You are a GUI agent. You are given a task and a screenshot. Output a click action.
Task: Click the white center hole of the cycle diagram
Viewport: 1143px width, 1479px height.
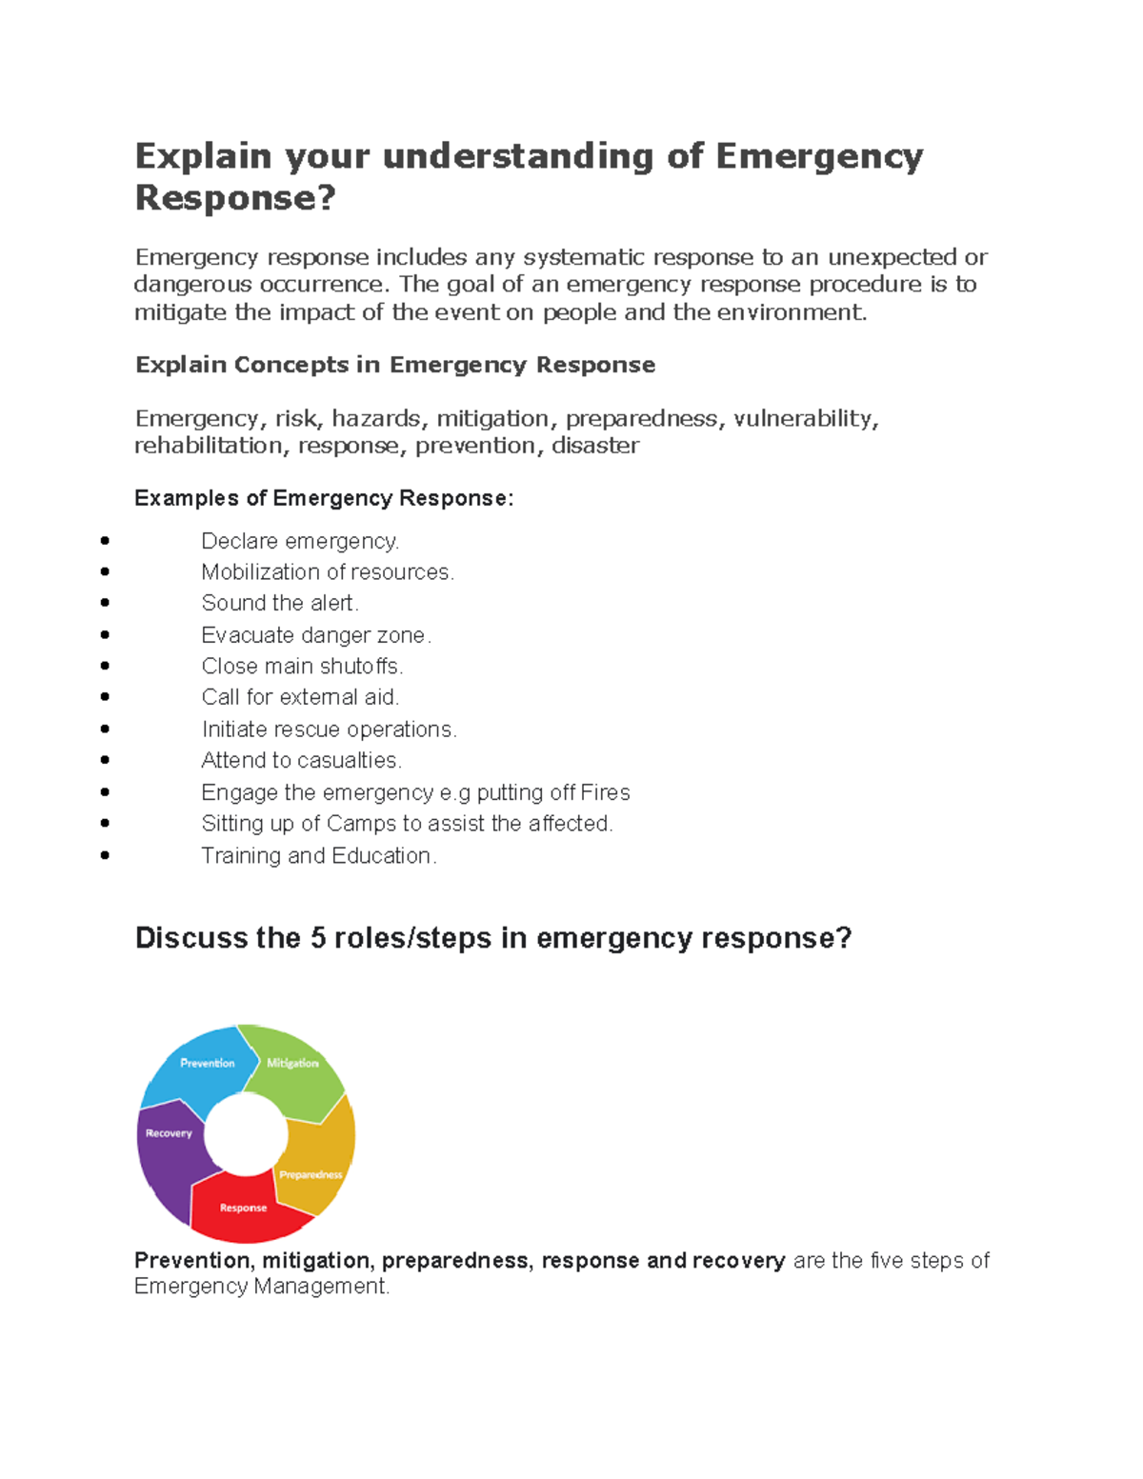(246, 1134)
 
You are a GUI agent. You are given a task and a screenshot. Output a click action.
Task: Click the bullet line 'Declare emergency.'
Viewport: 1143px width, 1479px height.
(300, 541)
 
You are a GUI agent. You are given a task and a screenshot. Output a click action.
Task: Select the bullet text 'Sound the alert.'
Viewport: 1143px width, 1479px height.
(280, 603)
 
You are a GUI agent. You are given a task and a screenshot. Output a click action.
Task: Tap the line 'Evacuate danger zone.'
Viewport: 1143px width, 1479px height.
(316, 635)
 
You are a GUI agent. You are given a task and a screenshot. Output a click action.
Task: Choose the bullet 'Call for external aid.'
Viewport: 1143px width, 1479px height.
(300, 697)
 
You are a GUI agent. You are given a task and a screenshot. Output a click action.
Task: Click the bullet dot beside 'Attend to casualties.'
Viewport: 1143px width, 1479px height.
(105, 760)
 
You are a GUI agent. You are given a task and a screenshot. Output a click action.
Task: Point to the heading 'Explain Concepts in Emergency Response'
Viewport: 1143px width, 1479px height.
(394, 365)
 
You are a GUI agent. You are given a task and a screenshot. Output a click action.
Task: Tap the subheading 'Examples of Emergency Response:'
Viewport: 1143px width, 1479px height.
(324, 498)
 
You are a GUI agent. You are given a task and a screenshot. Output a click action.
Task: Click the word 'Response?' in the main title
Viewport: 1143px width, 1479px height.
(235, 198)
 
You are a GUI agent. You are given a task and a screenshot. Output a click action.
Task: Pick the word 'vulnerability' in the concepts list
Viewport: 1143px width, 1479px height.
(804, 418)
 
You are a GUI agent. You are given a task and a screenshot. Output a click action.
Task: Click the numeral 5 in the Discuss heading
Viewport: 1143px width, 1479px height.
(318, 938)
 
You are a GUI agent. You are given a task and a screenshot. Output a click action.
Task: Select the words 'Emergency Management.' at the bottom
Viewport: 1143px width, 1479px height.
(262, 1287)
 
